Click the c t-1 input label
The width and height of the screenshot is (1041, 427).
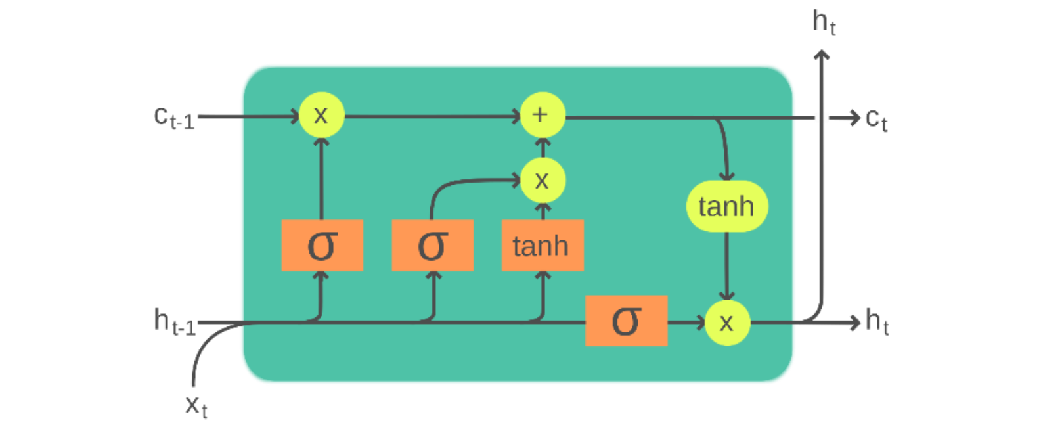click(174, 118)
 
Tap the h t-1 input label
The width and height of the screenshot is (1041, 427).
click(174, 322)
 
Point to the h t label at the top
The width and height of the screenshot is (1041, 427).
click(824, 22)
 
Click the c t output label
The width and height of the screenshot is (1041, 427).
click(876, 120)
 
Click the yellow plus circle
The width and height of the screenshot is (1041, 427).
click(542, 115)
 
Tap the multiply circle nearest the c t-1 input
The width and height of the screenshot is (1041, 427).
click(321, 115)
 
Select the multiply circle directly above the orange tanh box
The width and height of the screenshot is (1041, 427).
click(542, 180)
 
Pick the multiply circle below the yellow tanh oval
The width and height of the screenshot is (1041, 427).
click(726, 323)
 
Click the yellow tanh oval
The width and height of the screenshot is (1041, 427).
click(726, 206)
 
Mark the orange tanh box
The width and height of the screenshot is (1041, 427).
click(542, 246)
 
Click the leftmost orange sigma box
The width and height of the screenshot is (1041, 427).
click(322, 246)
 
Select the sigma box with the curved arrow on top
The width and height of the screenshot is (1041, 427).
click(432, 246)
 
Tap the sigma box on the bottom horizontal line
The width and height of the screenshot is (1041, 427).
click(626, 321)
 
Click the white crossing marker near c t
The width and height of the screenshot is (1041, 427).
click(822, 118)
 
